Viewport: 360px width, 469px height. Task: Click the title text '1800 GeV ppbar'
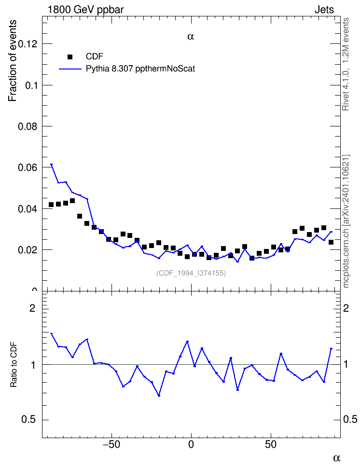coord(85,10)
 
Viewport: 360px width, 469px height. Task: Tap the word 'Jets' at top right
coord(324,10)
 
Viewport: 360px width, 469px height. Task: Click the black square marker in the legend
coord(70,57)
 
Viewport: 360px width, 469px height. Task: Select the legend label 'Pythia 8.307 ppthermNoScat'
coord(140,69)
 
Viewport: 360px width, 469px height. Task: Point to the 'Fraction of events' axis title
coord(12,61)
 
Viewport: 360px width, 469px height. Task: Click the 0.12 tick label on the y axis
coord(28,44)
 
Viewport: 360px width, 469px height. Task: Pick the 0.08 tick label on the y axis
coord(28,126)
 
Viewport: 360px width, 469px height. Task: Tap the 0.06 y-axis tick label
coord(28,167)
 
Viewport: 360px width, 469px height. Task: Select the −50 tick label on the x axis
coord(111,444)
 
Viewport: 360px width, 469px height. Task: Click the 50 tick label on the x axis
coord(271,444)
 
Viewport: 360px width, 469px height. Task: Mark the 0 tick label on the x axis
coord(191,444)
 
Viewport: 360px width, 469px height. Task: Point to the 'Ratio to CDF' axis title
coord(14,365)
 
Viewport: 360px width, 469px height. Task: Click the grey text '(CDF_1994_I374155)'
coord(191,273)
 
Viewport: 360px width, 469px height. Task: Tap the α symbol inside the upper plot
coord(191,37)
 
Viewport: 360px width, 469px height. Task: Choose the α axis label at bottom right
coord(337,457)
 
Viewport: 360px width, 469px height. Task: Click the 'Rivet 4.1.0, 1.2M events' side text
coord(346,64)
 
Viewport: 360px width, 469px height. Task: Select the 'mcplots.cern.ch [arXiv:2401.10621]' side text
coord(346,221)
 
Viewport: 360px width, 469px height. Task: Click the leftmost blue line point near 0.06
coord(52,165)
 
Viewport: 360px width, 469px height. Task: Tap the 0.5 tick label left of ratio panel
coord(28,420)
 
